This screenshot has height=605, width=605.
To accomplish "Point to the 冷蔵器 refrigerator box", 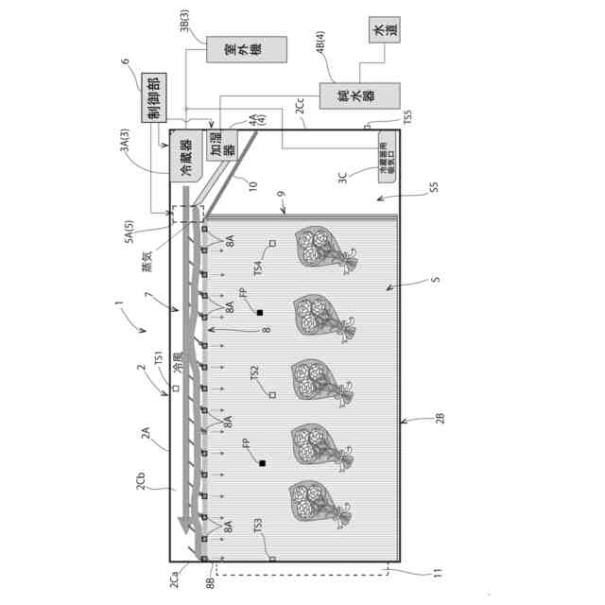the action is (x=185, y=157).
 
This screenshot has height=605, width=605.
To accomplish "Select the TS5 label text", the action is (x=407, y=119).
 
